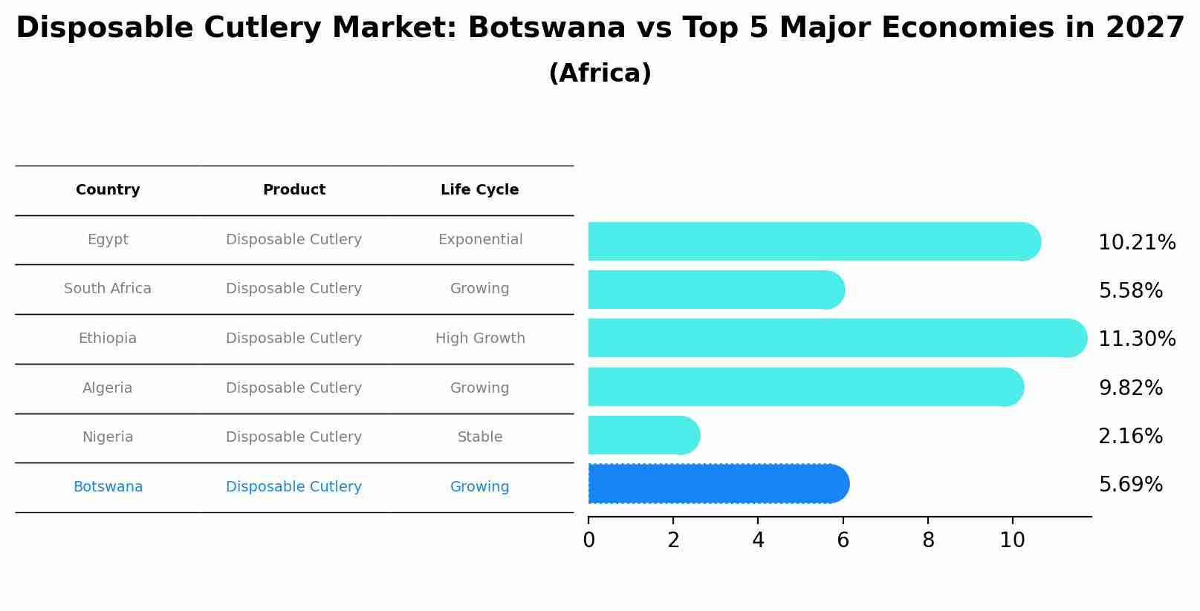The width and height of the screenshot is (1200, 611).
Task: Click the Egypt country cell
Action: point(108,240)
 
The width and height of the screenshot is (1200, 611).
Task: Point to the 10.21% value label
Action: point(1137,243)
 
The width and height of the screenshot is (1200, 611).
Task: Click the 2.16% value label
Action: point(1130,436)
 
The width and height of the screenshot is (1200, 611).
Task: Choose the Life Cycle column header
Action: point(479,190)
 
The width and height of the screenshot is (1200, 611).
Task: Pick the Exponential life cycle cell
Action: point(480,240)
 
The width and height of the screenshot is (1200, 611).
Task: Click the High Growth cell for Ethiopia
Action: point(480,339)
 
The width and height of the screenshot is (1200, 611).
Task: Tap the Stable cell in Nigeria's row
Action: point(480,437)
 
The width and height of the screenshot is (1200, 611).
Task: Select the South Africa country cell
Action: point(108,289)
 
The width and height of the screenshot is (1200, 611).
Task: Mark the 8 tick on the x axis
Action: point(928,540)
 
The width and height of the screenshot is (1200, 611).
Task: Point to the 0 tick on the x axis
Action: point(588,540)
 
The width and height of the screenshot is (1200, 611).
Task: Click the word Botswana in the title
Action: point(546,28)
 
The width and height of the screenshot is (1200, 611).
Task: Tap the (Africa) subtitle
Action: point(600,73)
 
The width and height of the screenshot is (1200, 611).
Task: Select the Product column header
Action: point(294,190)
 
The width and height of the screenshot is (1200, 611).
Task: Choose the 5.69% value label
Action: point(1130,485)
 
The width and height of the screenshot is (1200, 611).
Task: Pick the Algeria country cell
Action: point(108,388)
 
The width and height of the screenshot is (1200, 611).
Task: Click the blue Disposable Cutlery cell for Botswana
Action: point(293,487)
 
